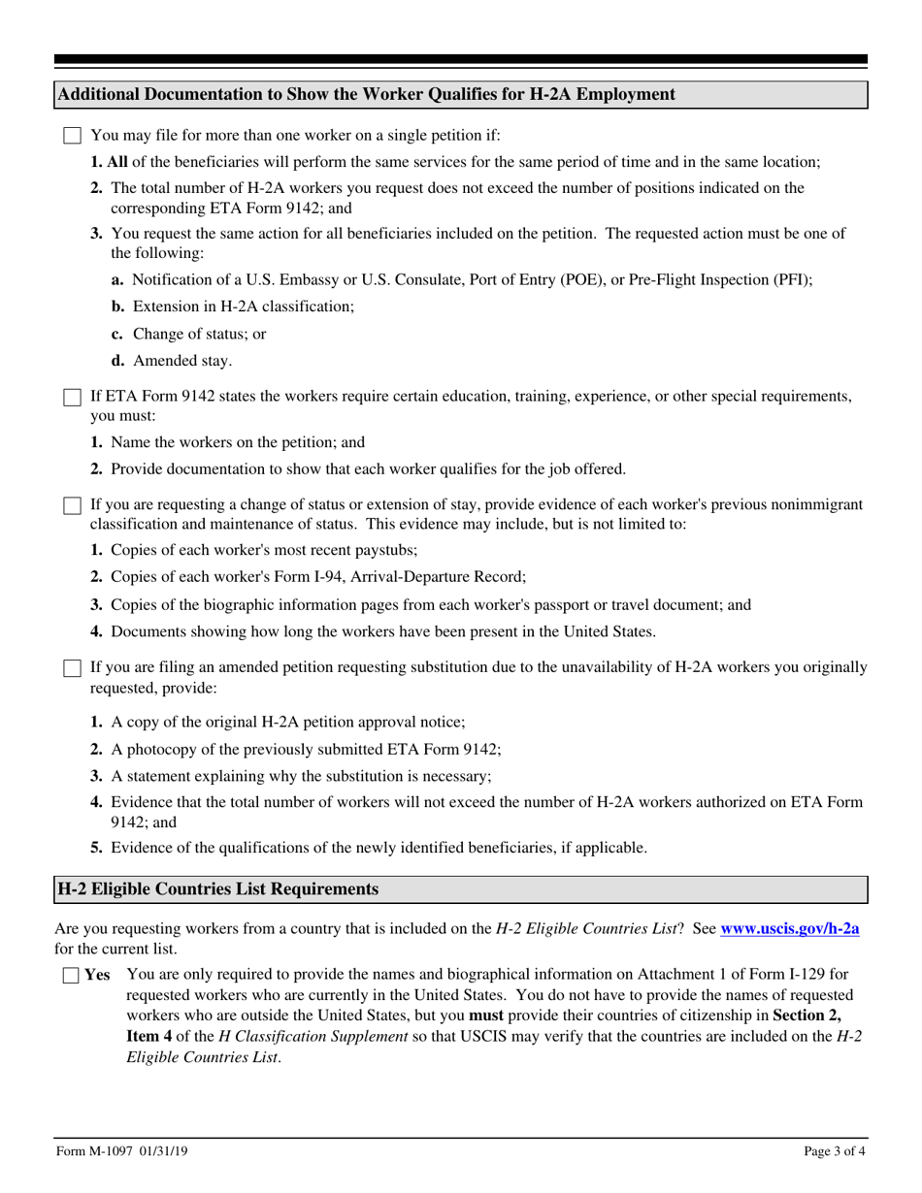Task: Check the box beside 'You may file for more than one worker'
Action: [72, 136]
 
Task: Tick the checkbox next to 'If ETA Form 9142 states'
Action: [72, 397]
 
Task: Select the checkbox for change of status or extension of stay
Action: [72, 505]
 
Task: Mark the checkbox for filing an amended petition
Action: [72, 668]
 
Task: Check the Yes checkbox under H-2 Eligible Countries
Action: [72, 977]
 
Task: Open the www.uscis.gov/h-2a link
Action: [789, 928]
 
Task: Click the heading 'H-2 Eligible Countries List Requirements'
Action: [218, 888]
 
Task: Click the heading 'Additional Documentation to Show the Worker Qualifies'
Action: [366, 94]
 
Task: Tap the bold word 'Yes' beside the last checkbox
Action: [97, 976]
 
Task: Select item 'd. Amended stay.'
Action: [172, 361]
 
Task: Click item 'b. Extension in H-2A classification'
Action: [233, 306]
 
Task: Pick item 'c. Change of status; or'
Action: [188, 334]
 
